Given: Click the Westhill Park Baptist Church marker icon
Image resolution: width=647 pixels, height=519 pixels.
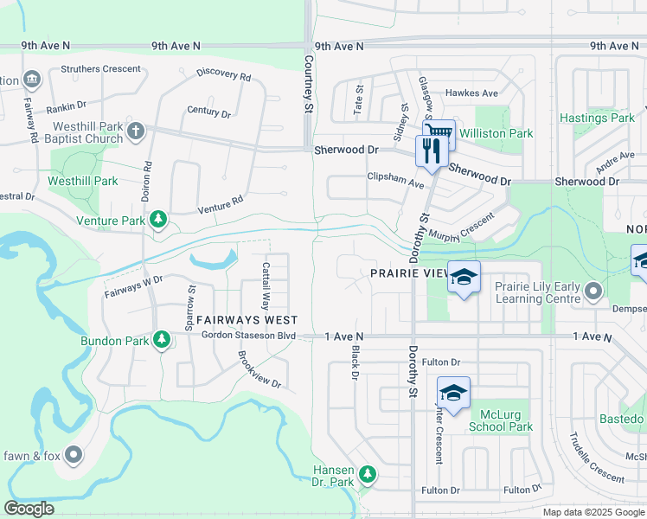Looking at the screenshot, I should click(135, 131).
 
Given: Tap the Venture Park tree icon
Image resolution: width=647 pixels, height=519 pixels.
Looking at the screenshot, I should click(158, 221).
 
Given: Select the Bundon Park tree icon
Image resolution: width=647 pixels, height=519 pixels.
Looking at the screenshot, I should click(161, 341).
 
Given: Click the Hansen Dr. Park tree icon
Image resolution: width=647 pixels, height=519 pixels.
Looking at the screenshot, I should click(368, 474).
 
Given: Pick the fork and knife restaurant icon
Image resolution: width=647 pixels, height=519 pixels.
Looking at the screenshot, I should click(429, 151).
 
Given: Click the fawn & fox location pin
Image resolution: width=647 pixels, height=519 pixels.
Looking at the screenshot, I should click(74, 453).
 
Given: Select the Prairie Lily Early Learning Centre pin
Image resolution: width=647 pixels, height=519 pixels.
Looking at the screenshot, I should click(593, 292).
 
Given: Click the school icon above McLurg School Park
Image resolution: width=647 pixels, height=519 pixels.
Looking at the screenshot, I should click(453, 393).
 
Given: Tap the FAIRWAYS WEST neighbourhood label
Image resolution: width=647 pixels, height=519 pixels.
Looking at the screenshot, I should click(235, 319).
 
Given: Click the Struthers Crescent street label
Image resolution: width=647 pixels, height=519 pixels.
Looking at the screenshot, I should click(100, 69).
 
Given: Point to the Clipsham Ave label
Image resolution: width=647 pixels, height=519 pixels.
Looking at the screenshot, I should click(395, 184).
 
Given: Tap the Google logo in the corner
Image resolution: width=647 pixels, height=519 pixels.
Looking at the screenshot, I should click(29, 509).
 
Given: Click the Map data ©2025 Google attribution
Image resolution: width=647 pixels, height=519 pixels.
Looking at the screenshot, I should click(593, 512).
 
